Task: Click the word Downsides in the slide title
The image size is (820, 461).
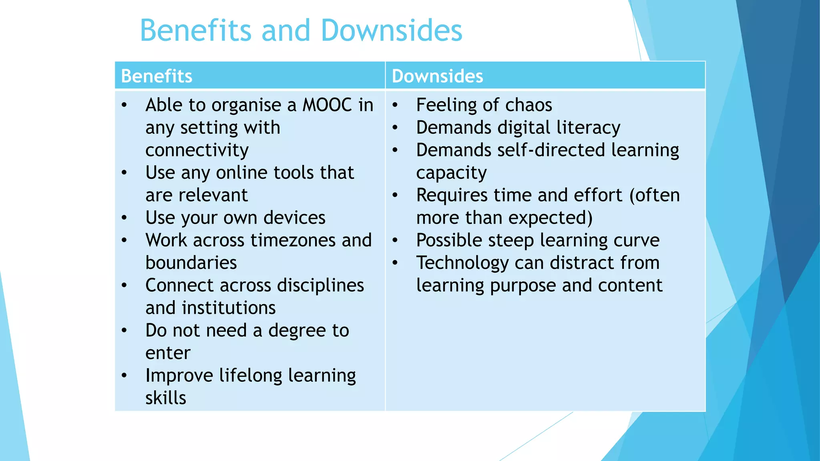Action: click(x=392, y=30)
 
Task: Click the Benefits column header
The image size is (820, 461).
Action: click(x=157, y=76)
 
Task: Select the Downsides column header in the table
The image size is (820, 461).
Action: click(x=437, y=76)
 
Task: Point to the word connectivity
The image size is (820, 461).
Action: click(x=197, y=150)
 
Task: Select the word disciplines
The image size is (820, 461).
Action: click(x=320, y=286)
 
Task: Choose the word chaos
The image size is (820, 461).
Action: click(x=529, y=105)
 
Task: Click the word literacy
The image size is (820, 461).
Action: click(x=588, y=128)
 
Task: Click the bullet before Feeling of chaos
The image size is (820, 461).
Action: click(x=395, y=105)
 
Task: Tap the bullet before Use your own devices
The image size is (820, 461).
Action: click(x=124, y=218)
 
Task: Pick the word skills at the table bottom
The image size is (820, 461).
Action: click(x=166, y=398)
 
